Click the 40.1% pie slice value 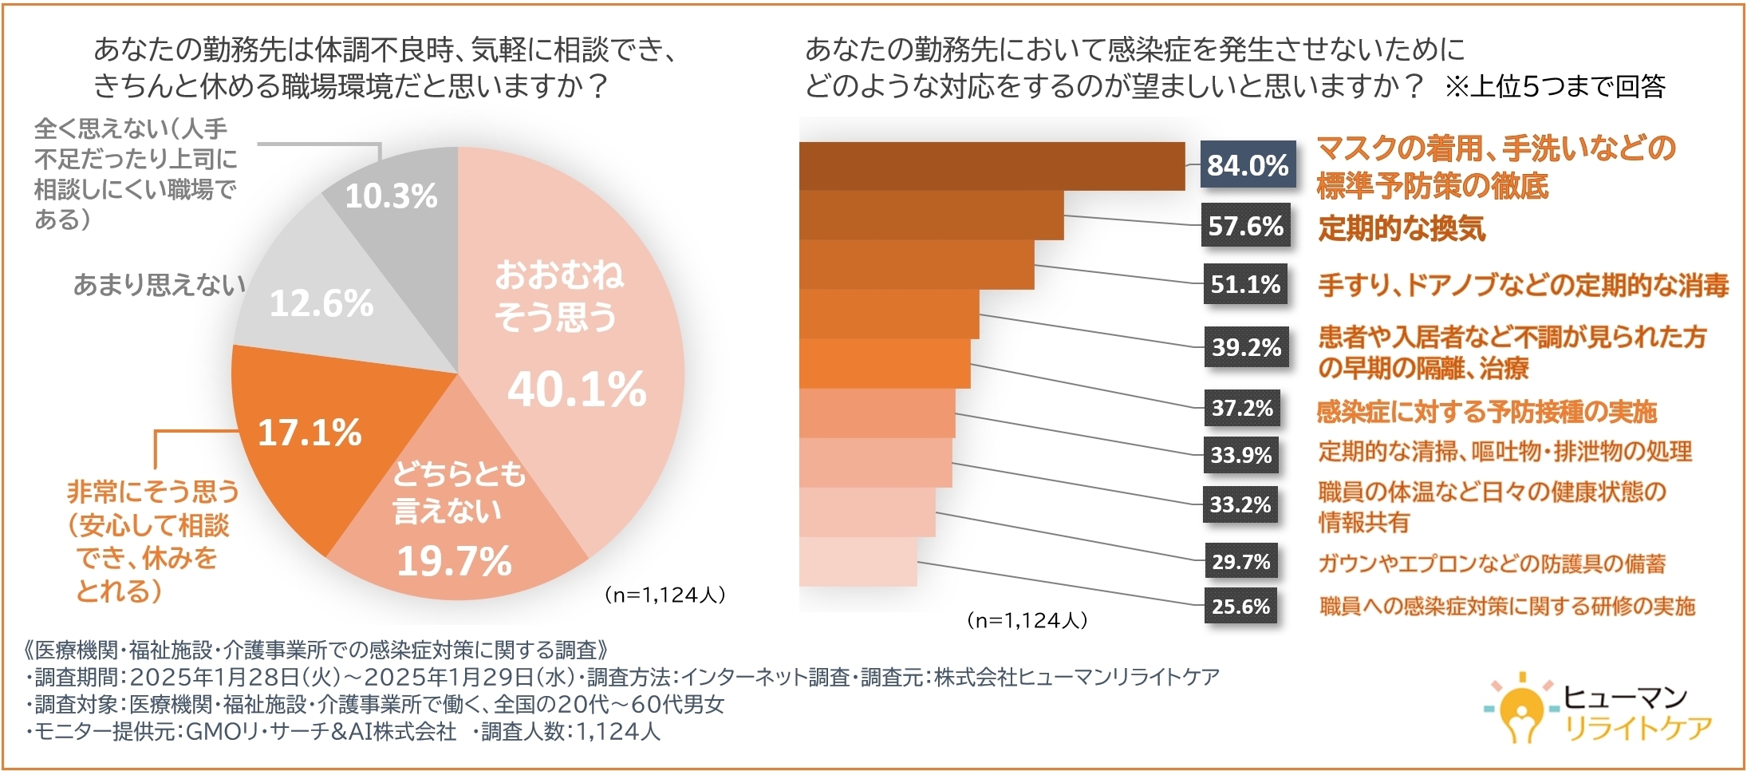[577, 389]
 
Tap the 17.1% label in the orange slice [310, 433]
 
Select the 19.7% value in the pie [454, 561]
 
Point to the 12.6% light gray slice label [321, 303]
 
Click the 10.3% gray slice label [391, 196]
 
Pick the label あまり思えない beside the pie [160, 285]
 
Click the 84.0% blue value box [1248, 165]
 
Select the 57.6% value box [1245, 226]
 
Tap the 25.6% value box [1240, 607]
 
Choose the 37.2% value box [1242, 409]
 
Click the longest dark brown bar [992, 166]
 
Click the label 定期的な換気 [1402, 229]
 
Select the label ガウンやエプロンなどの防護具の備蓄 [1492, 564]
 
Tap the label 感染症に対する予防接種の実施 [1487, 412]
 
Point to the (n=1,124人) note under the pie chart [664, 595]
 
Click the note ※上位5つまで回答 [1556, 86]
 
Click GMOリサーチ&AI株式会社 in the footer [321, 732]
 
